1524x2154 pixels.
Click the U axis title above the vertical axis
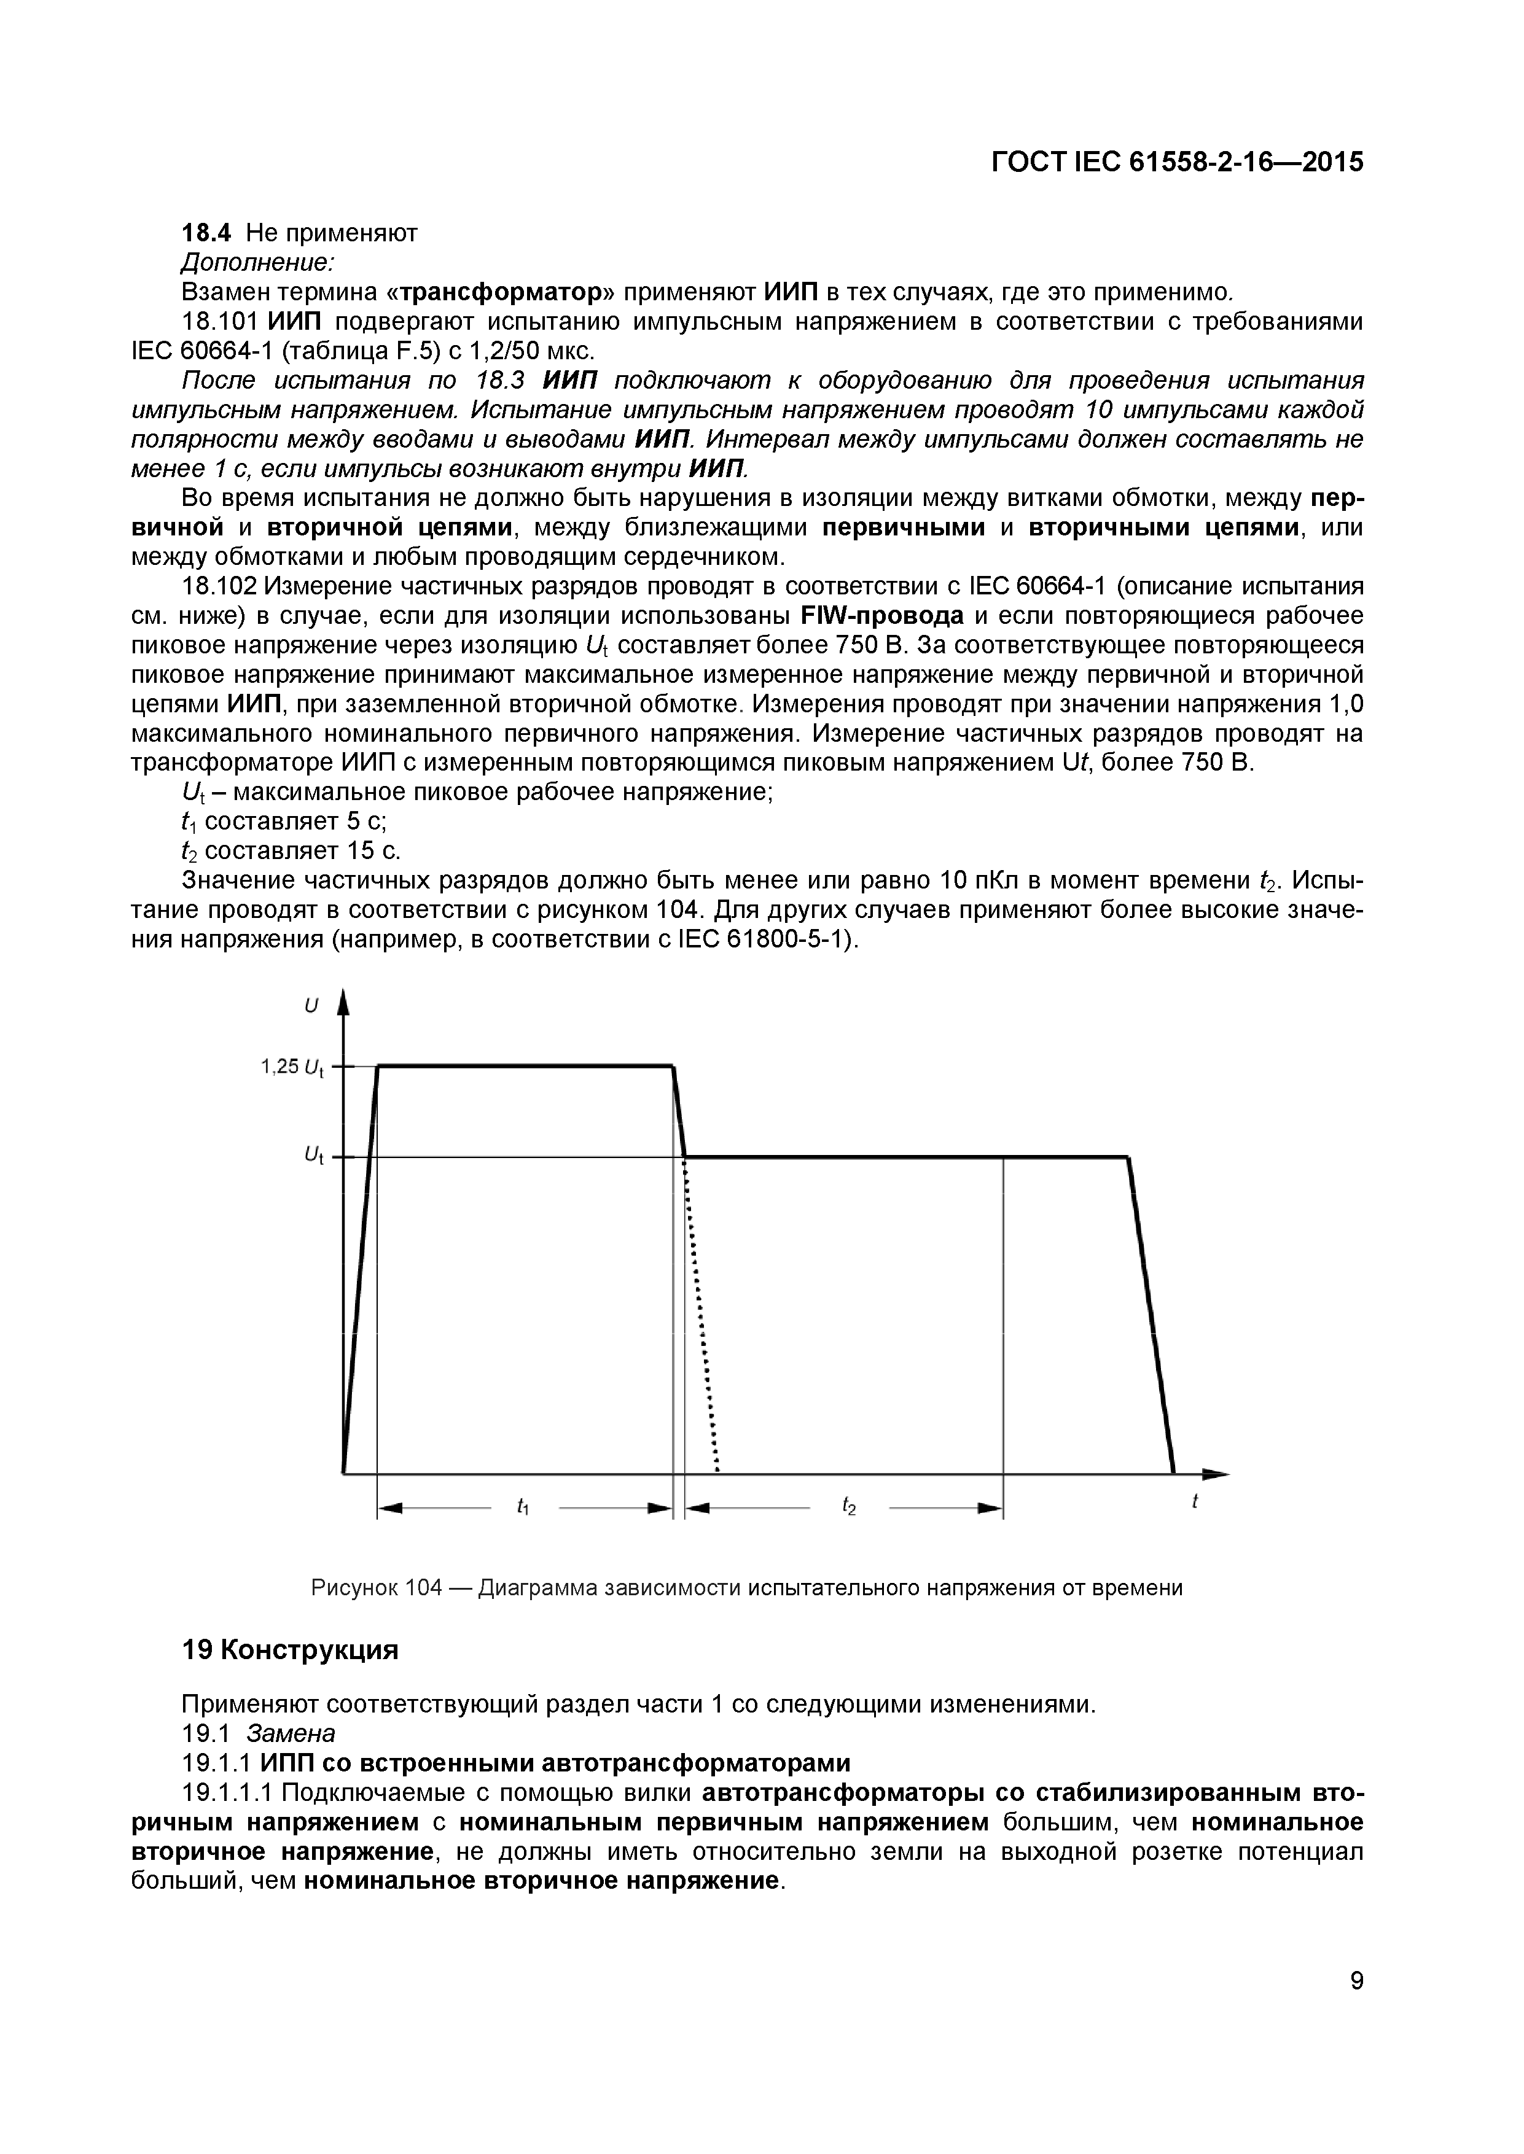311,1006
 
